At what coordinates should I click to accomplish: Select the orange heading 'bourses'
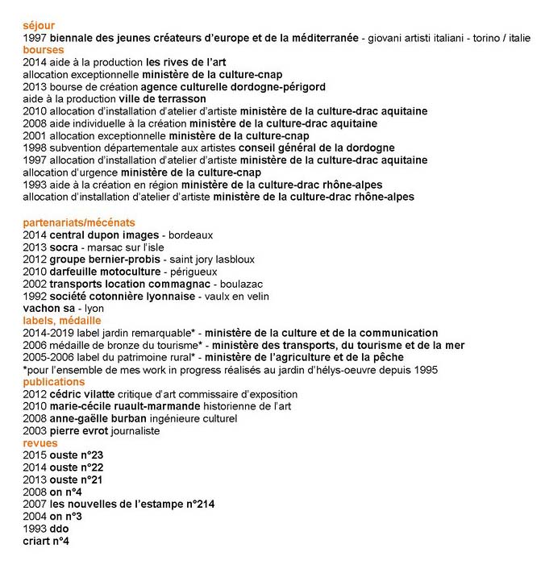tap(44, 49)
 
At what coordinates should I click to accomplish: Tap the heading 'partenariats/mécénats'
tap(79, 222)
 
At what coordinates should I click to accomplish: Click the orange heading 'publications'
tap(54, 381)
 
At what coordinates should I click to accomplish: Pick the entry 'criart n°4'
tap(46, 541)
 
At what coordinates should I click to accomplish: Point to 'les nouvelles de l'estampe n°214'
tap(131, 504)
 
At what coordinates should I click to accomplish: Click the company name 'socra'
tap(64, 247)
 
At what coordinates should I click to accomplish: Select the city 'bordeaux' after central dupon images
tap(190, 235)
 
